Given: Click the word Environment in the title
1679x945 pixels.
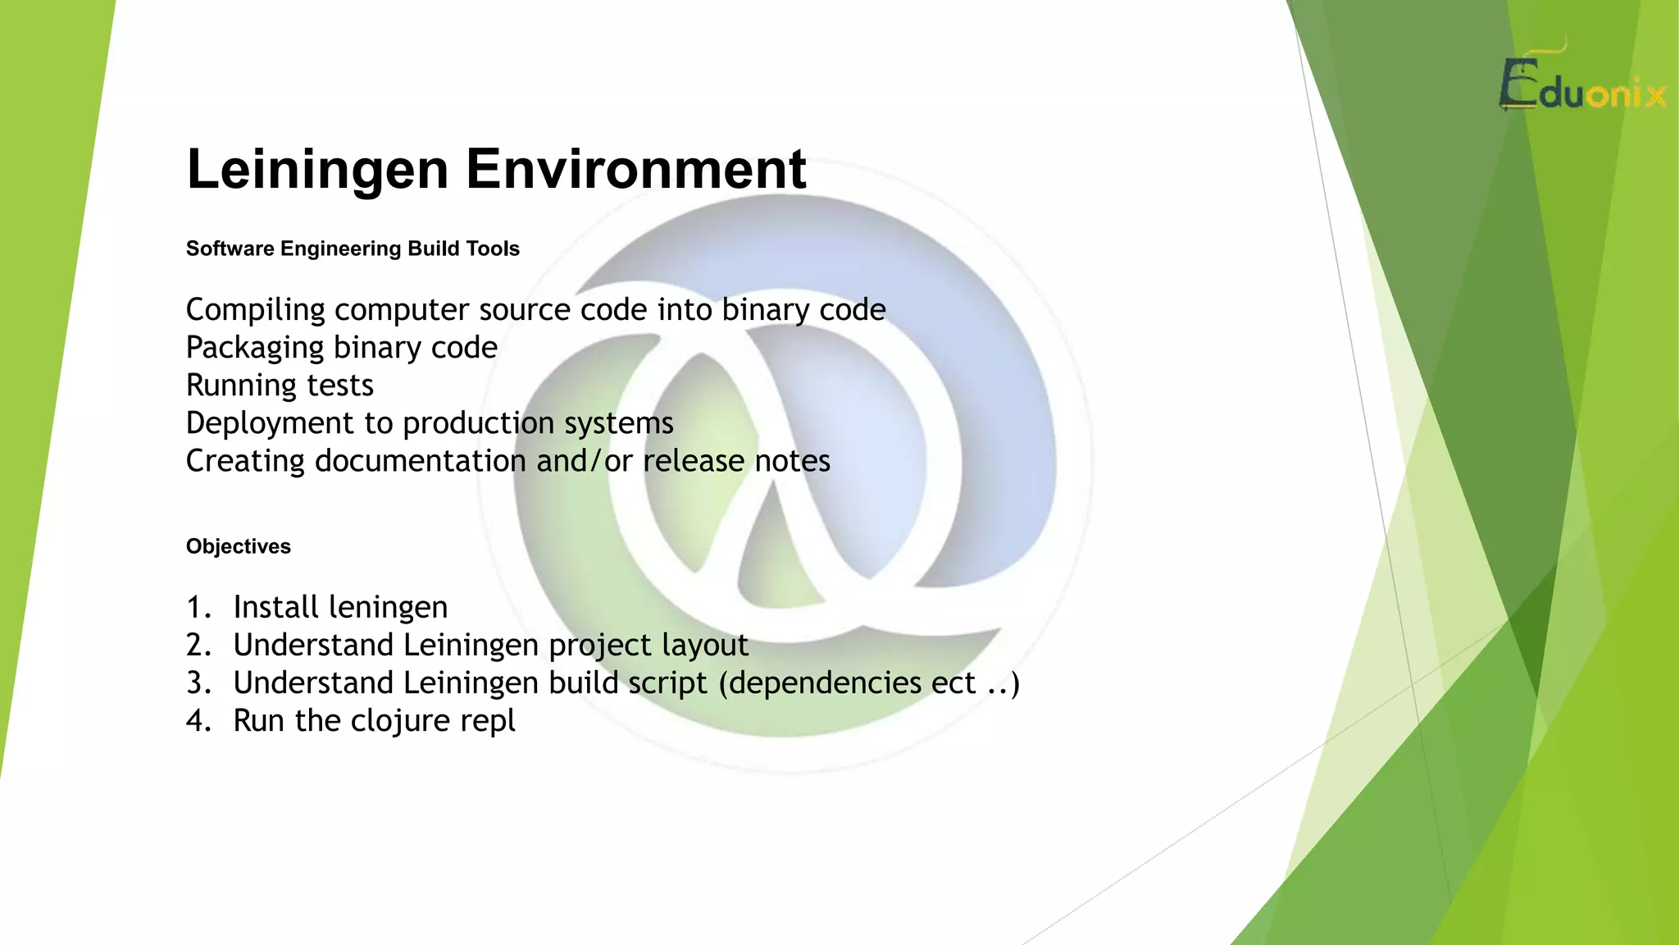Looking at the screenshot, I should tap(636, 169).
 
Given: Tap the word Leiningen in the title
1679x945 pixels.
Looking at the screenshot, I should tap(317, 169).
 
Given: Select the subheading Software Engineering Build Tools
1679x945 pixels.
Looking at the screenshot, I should tap(353, 249).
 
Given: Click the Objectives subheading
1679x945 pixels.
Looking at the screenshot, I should tap(238, 546).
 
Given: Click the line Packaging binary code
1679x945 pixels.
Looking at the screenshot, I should tap(341, 348).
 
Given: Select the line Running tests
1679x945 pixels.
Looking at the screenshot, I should tap(280, 386).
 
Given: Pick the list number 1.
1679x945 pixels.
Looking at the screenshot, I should tap(197, 608).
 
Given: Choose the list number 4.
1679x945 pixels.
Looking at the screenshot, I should tap(197, 721).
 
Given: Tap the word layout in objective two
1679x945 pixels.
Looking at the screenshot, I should tap(705, 646).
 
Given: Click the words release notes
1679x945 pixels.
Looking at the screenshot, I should tap(736, 461).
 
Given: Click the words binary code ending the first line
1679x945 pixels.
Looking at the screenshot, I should tap(803, 310).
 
